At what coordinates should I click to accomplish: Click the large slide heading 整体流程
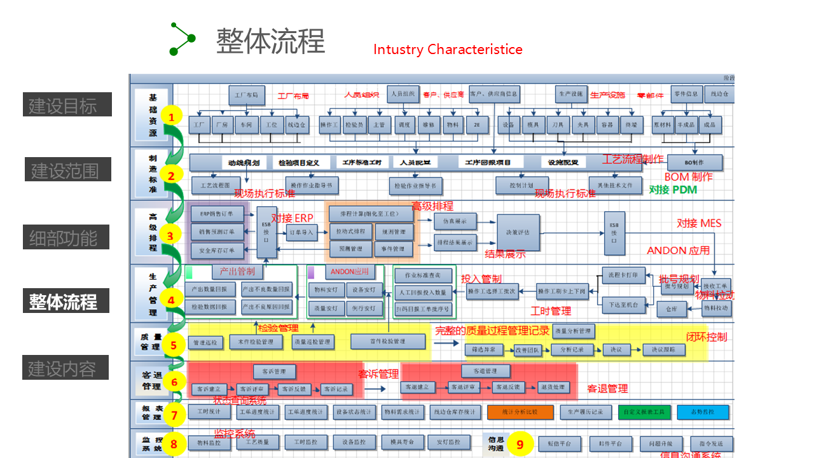click(270, 41)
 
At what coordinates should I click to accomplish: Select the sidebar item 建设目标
click(67, 105)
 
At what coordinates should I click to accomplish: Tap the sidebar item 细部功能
click(66, 237)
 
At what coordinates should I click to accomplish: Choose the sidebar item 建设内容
click(66, 368)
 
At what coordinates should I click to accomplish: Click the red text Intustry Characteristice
click(448, 50)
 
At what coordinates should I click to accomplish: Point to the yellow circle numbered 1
click(171, 116)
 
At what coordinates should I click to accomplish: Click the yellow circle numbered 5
click(173, 345)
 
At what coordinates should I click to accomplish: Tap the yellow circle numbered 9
click(520, 444)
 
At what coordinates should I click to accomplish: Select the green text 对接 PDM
click(673, 190)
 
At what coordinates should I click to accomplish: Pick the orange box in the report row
click(520, 412)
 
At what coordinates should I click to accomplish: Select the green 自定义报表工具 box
click(644, 412)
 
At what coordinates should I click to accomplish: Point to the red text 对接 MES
click(699, 223)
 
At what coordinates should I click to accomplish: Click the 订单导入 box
click(301, 233)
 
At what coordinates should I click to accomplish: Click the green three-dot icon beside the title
click(182, 39)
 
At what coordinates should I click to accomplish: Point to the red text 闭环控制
click(706, 337)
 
